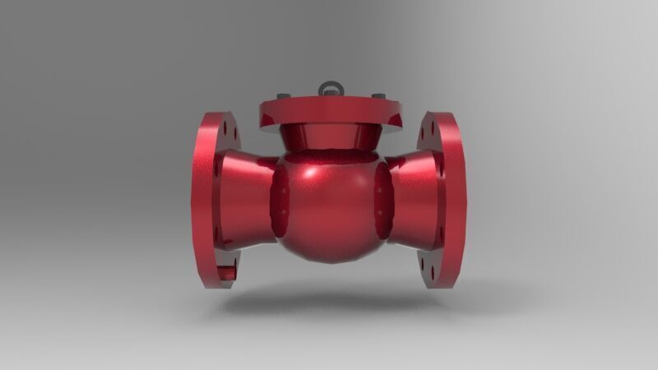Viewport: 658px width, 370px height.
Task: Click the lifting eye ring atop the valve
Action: [328, 86]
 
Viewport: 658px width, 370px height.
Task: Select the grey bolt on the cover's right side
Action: [381, 95]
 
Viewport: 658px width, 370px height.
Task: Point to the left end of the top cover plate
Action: [262, 115]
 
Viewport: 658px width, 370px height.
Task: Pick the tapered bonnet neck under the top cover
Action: [329, 137]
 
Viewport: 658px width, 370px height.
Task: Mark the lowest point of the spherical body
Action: [330, 261]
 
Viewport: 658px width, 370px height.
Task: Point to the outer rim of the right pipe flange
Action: [456, 197]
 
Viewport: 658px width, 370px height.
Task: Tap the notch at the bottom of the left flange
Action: [229, 271]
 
